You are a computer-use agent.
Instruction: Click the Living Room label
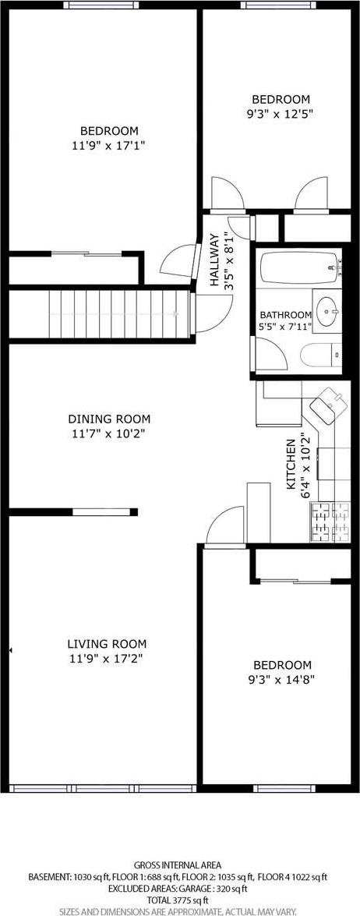click(x=107, y=644)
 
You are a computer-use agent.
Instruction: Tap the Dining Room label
click(x=109, y=419)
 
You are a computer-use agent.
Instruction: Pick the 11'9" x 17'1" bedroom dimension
click(x=109, y=144)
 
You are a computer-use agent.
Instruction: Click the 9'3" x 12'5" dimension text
click(x=281, y=113)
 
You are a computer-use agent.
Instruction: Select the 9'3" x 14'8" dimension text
click(x=282, y=679)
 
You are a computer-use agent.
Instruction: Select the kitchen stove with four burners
click(x=330, y=522)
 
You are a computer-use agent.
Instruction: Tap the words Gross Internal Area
click(x=178, y=865)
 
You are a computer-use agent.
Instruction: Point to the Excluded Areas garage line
click(x=179, y=888)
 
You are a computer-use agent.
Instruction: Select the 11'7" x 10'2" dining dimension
click(x=109, y=433)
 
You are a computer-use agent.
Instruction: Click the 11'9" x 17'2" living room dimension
click(x=107, y=659)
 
